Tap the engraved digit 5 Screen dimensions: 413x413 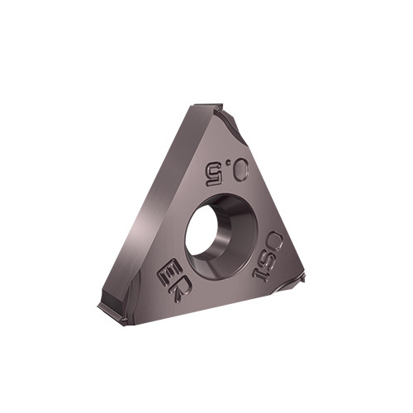point(214,174)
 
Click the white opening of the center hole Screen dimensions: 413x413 point(202,230)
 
